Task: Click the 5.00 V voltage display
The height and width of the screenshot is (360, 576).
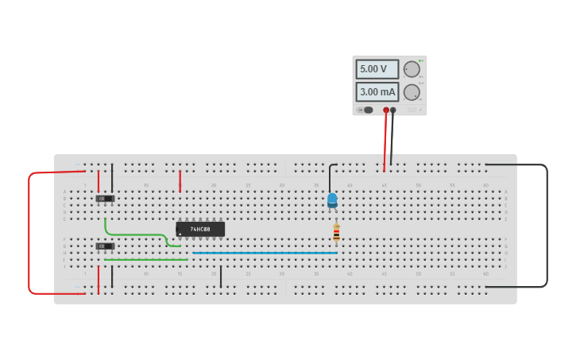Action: coord(377,69)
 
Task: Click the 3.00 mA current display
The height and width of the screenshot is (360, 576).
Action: coord(377,91)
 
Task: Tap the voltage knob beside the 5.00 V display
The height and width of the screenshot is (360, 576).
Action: coord(412,69)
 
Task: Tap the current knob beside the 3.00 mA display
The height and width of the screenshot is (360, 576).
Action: coord(412,92)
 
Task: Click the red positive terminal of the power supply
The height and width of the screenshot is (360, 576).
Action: coord(386,110)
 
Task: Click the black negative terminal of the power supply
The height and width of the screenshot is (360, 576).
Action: coord(393,110)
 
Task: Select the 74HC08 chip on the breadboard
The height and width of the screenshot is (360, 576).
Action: coord(200,229)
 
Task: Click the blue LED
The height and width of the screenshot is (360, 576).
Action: coord(332,199)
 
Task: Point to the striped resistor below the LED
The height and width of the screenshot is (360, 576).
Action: coord(336,232)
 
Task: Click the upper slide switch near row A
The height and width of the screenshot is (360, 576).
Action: coord(105,198)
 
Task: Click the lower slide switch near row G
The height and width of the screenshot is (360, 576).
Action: coord(105,246)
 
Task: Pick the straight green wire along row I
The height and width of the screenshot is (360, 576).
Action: coord(146,259)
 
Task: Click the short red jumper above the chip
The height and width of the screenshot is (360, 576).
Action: coord(180,180)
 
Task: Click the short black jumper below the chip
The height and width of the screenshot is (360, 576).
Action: coord(221,276)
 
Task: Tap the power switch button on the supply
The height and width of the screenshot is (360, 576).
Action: coord(368,110)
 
